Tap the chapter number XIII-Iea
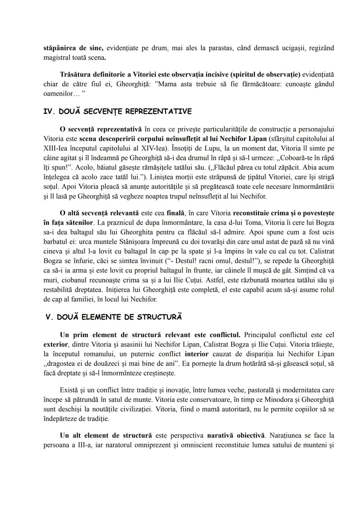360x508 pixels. [x=56, y=148]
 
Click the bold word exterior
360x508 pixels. [x=55, y=344]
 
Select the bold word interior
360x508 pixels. [x=196, y=354]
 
